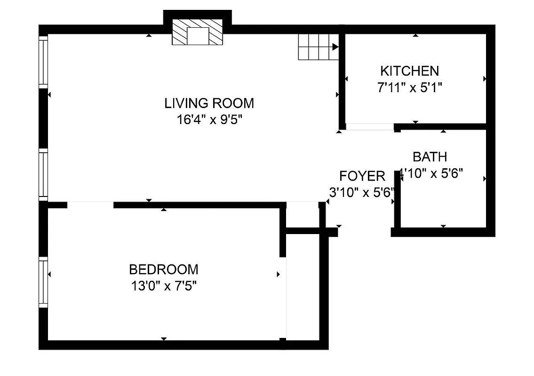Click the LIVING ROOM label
[x=209, y=103]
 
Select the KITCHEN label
[x=409, y=71]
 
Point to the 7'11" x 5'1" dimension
[x=409, y=87]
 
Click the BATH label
[x=430, y=157]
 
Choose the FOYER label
[x=362, y=176]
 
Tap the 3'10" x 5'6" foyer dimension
[x=361, y=192]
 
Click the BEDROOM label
[x=163, y=269]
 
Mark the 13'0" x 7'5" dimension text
[x=163, y=286]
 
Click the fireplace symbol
[x=197, y=32]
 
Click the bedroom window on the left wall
[x=43, y=282]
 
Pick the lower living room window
[x=43, y=174]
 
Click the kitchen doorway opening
[x=370, y=126]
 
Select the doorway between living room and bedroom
[x=90, y=204]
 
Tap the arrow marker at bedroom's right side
[x=279, y=274]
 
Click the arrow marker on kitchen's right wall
[x=485, y=79]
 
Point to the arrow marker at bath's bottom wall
[x=443, y=227]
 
